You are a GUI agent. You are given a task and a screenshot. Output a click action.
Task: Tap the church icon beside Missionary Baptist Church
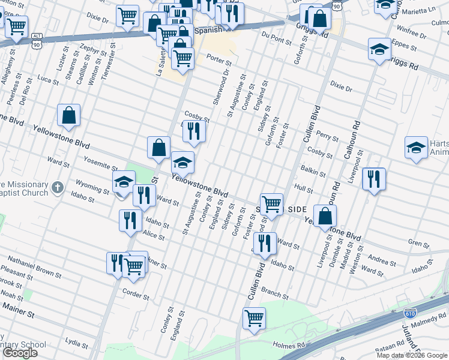click(57, 187)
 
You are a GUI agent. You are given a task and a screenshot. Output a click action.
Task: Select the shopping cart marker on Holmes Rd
click(254, 318)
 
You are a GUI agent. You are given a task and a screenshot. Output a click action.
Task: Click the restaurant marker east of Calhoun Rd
click(373, 179)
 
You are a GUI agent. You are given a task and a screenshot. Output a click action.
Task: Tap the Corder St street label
click(135, 295)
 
